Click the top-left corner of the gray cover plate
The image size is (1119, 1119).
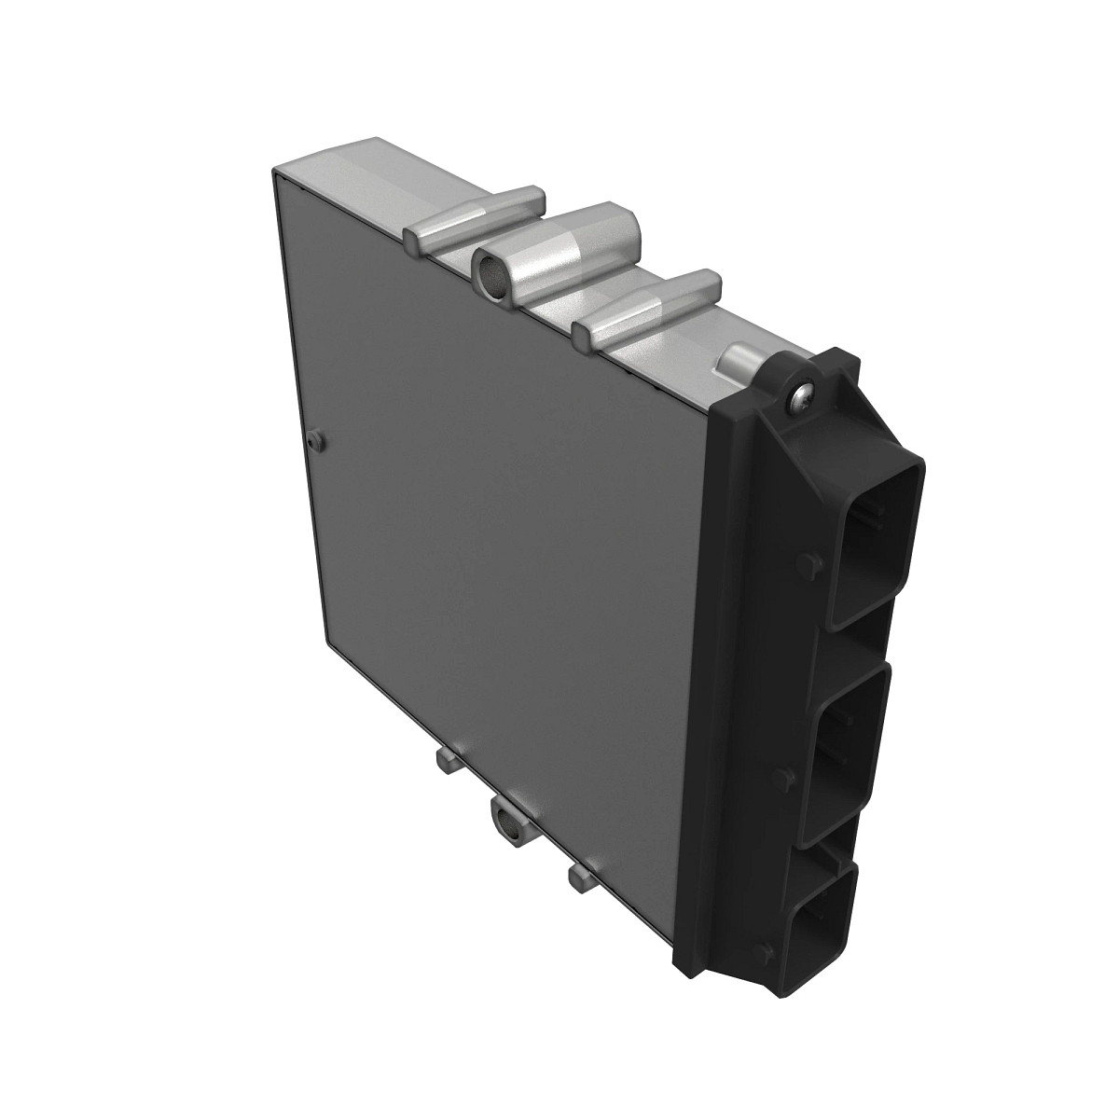[273, 173]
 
